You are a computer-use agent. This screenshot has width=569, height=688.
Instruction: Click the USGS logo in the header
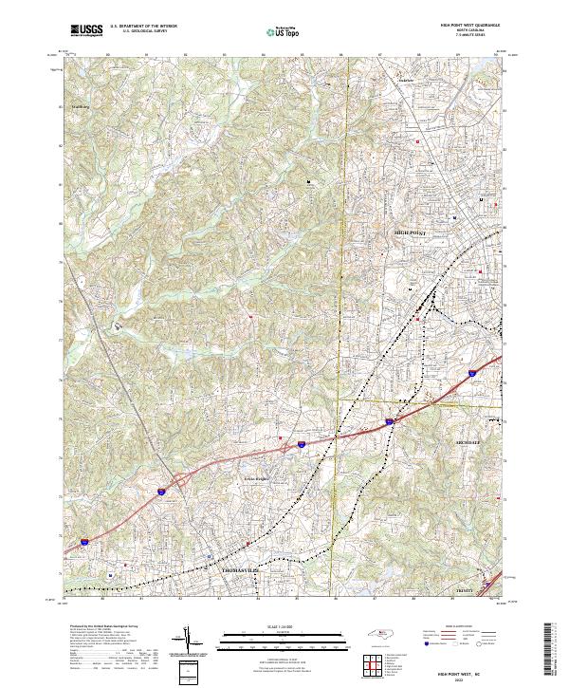(87, 30)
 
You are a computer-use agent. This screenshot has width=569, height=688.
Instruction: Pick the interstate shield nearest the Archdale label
(389, 419)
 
